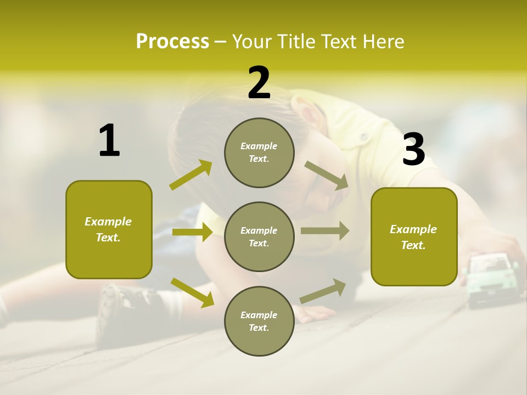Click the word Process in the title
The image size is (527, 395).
pyautogui.click(x=172, y=42)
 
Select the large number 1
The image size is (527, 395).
pyautogui.click(x=109, y=142)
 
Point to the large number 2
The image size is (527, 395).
pyautogui.click(x=259, y=83)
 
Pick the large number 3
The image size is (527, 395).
pyautogui.click(x=413, y=149)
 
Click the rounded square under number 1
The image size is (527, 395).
pyautogui.click(x=109, y=229)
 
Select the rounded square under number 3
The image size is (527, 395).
pyautogui.click(x=414, y=236)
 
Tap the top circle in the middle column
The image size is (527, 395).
pyautogui.click(x=259, y=153)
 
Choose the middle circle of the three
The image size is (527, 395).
pyautogui.click(x=259, y=236)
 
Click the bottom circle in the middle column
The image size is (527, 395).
pyautogui.click(x=259, y=321)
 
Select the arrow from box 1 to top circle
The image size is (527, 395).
pyautogui.click(x=191, y=175)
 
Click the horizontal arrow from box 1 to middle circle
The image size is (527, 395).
pyautogui.click(x=192, y=232)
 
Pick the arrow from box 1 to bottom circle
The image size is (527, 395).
pyautogui.click(x=192, y=292)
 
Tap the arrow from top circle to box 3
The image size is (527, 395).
pyautogui.click(x=326, y=176)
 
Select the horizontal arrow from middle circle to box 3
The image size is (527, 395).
pyautogui.click(x=325, y=230)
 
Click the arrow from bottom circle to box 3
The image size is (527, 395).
pyautogui.click(x=323, y=291)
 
